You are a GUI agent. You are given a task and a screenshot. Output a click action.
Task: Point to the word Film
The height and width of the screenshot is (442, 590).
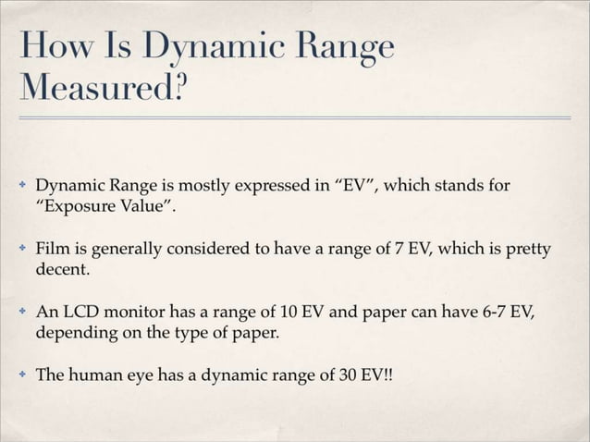click(51, 250)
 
